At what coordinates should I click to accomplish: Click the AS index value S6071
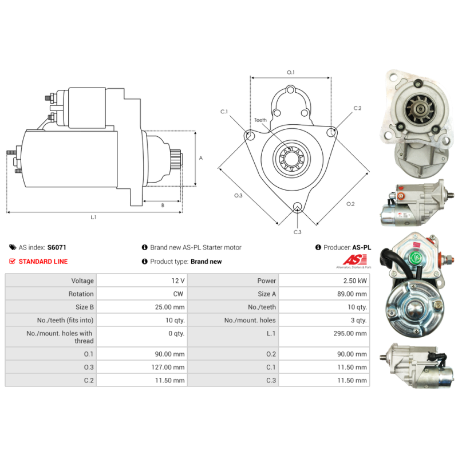pyautogui.click(x=57, y=247)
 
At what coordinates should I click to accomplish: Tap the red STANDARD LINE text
pyautogui.click(x=44, y=262)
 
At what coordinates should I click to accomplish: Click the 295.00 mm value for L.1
pyautogui.click(x=350, y=333)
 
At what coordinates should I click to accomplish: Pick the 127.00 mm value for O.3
pyautogui.click(x=168, y=367)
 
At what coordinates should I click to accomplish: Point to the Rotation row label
pyautogui.click(x=81, y=294)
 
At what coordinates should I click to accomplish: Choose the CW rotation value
pyautogui.click(x=178, y=294)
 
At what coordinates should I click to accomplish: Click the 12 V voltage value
pyautogui.click(x=178, y=281)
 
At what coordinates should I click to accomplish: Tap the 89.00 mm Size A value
pyautogui.click(x=352, y=294)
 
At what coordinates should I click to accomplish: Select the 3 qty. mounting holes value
pyautogui.click(x=359, y=320)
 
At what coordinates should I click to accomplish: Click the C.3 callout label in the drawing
pyautogui.click(x=297, y=232)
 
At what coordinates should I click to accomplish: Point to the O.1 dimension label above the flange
pyautogui.click(x=291, y=72)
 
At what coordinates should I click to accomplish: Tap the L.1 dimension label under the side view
pyautogui.click(x=93, y=217)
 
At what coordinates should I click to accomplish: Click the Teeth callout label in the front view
pyautogui.click(x=260, y=120)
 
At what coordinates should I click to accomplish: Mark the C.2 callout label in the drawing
pyautogui.click(x=357, y=108)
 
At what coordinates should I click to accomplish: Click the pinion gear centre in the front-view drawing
pyautogui.click(x=291, y=159)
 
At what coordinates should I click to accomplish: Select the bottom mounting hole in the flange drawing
pyautogui.click(x=297, y=206)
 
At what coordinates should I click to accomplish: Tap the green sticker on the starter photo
pyautogui.click(x=415, y=258)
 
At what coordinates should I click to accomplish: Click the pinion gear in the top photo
pyautogui.click(x=420, y=108)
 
